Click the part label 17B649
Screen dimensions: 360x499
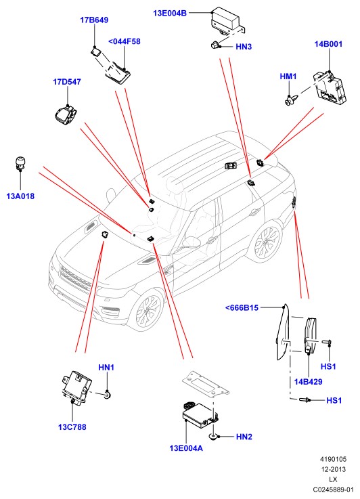(x=94, y=20)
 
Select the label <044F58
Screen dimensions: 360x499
(x=125, y=42)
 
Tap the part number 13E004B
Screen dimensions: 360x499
(x=170, y=14)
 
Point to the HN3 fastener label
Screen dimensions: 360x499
(x=244, y=47)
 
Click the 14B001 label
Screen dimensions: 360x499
(x=328, y=44)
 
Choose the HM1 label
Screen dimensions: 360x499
(x=288, y=77)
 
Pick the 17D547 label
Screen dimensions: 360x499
(x=67, y=82)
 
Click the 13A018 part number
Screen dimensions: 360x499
(x=20, y=196)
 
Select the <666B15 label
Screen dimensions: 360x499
(x=242, y=308)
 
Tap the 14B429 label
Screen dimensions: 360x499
(x=308, y=382)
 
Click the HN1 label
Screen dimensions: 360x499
(x=106, y=368)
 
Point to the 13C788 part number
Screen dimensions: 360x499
(x=72, y=427)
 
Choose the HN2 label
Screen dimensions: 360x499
(x=244, y=437)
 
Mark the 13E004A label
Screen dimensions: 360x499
(x=186, y=448)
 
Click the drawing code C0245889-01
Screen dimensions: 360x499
(x=333, y=490)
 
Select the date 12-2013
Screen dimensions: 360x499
(x=333, y=469)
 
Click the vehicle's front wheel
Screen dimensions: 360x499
(x=148, y=311)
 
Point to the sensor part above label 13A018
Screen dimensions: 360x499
(x=20, y=162)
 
